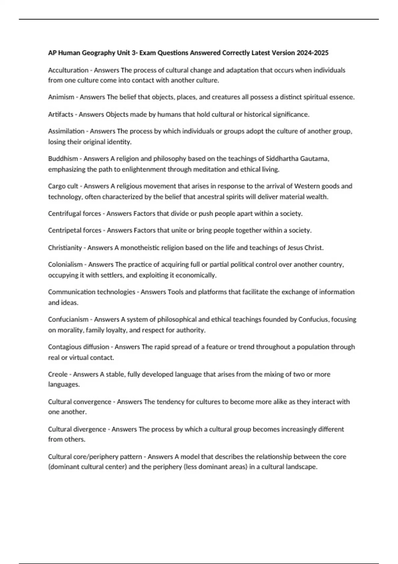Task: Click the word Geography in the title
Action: (99, 53)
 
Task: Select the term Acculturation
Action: (68, 70)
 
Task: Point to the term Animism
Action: (61, 97)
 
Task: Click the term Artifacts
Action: (61, 114)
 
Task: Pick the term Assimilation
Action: (66, 131)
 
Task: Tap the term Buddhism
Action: (63, 159)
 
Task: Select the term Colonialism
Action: (65, 264)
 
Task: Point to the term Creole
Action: (58, 374)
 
